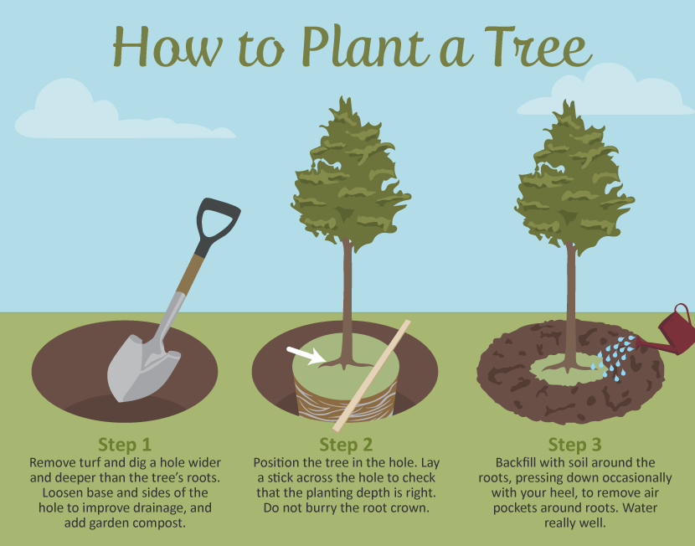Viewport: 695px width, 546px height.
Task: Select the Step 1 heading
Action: pos(125,444)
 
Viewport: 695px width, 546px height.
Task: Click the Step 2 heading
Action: pos(346,444)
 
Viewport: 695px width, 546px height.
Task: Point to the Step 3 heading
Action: pos(574,444)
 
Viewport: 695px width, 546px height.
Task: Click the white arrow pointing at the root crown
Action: pos(306,356)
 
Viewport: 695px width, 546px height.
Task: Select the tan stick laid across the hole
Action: pos(372,376)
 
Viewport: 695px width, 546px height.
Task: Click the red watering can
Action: pos(670,331)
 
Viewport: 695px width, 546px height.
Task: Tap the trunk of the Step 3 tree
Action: pos(570,306)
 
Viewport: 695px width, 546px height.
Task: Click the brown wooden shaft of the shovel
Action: pos(191,275)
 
